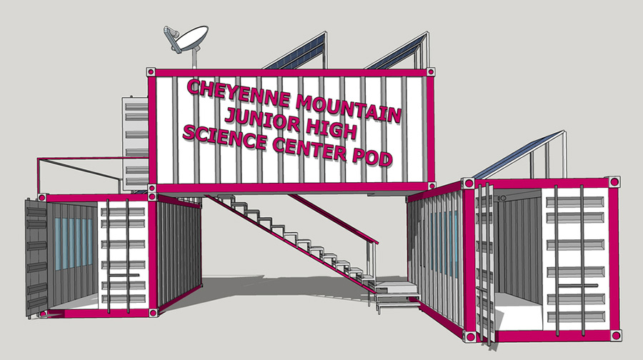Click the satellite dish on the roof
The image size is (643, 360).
pyautogui.click(x=186, y=39)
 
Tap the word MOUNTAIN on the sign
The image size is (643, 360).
pyautogui.click(x=348, y=109)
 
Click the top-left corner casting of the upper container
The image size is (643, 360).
pyautogui.click(x=151, y=72)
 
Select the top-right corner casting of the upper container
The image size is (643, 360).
pyautogui.click(x=431, y=72)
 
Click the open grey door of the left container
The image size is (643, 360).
pyautogui.click(x=36, y=259)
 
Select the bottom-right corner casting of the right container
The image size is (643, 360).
pyautogui.click(x=615, y=335)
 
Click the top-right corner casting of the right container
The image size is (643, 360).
pyautogui.click(x=614, y=181)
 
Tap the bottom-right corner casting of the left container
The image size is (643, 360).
pyautogui.click(x=154, y=313)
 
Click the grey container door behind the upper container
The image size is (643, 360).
pyautogui.click(x=135, y=144)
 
